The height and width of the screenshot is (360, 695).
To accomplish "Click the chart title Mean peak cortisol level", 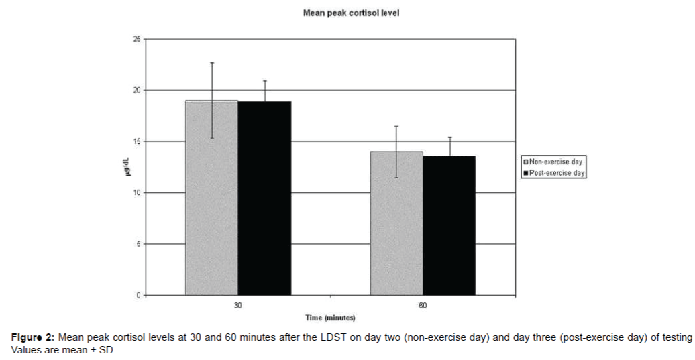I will pos(351,13).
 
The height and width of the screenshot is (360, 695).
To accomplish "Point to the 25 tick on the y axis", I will pos(138,39).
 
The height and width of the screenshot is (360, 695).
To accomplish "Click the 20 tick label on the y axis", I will pos(138,91).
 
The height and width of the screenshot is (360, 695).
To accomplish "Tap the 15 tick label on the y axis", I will pos(138,141).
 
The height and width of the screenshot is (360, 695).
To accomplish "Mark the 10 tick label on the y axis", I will pos(138,193).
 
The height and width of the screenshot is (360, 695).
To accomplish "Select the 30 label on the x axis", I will pos(238,306).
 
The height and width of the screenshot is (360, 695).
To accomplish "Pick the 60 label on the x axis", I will pos(423,306).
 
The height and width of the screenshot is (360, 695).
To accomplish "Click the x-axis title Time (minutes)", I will pos(331,318).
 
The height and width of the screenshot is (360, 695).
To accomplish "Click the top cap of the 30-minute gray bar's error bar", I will pos(212,63).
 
